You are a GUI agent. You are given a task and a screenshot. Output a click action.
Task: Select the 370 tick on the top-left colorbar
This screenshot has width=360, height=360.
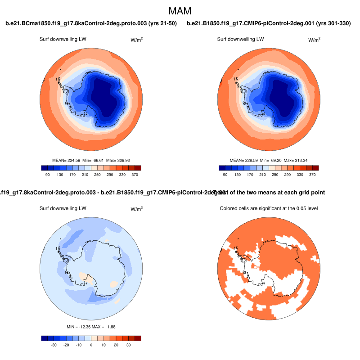pos(134,174)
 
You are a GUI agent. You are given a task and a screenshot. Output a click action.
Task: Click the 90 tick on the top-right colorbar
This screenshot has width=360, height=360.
pos(225,174)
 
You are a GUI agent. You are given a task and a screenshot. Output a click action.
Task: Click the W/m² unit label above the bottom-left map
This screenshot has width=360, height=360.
pos(137,209)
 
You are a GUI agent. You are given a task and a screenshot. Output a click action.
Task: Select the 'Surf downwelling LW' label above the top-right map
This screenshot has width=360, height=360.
pos(240,39)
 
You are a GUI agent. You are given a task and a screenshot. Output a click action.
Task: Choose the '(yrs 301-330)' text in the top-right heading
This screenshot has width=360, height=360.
pos(333,23)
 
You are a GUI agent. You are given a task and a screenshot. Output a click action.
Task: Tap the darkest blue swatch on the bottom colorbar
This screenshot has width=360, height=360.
pos(44,338)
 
